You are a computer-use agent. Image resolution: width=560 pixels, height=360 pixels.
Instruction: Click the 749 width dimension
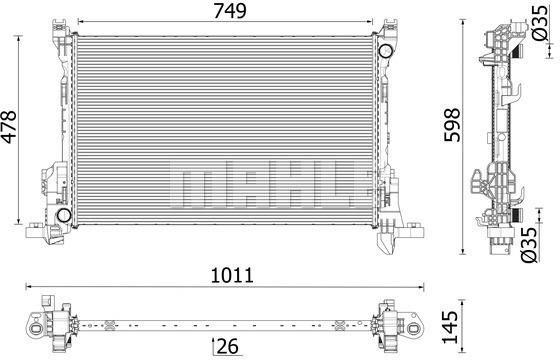click(x=230, y=11)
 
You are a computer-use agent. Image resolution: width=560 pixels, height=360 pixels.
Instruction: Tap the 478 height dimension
click(x=9, y=127)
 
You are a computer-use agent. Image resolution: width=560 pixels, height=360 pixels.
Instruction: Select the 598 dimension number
click(x=452, y=125)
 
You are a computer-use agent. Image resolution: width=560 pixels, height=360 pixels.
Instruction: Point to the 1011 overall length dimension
click(x=232, y=275)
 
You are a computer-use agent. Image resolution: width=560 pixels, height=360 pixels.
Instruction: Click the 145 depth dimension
click(x=449, y=327)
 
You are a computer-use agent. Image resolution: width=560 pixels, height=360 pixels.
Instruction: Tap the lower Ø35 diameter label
click(x=529, y=245)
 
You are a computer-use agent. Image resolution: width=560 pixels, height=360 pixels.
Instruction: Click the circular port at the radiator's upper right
click(x=386, y=51)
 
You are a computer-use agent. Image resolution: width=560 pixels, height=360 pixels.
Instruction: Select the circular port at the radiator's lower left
click(x=64, y=215)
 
